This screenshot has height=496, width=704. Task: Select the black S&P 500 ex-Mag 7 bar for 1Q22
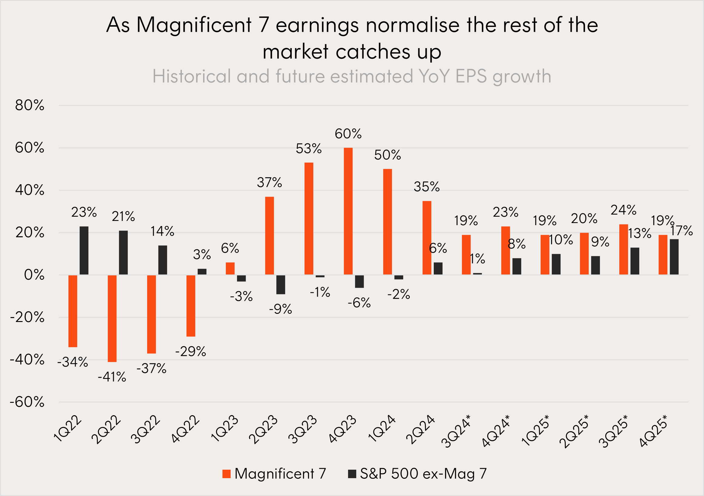[84, 251]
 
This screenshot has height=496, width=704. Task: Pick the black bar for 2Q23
[281, 284]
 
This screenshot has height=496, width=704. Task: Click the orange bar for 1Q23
[230, 268]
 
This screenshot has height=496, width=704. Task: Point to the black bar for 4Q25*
[674, 257]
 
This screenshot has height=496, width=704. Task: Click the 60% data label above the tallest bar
[348, 134]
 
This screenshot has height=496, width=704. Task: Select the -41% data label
[112, 377]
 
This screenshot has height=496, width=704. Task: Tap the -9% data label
[280, 309]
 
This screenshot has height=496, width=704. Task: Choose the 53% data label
[308, 149]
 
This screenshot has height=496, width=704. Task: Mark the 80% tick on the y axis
[30, 105]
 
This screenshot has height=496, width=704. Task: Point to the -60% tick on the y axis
[27, 402]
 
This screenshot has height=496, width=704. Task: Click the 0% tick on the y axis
[34, 275]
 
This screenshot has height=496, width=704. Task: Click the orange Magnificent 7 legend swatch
[226, 474]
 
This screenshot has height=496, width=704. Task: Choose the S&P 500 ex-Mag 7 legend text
[423, 474]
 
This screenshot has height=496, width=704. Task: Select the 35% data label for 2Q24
[426, 187]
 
